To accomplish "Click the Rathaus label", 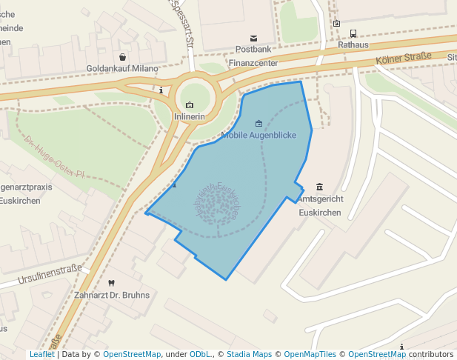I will point(353,44).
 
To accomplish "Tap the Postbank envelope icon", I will point(254,38).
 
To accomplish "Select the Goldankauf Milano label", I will point(122,69).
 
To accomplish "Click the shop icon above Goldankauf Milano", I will point(122,57).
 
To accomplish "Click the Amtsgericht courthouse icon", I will point(319,187).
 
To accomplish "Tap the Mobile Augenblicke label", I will point(258,136).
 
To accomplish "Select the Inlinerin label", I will point(189,117).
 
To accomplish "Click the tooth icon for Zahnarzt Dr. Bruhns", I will point(112,283).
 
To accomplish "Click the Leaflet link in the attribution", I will point(41,355).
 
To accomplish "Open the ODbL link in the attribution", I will point(199,355).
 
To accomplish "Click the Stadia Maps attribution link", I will point(250,355).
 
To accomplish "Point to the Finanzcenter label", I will point(253,63).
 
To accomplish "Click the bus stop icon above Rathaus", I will point(353,33).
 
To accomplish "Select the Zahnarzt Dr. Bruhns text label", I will point(112,295).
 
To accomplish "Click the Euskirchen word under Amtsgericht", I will point(319,213).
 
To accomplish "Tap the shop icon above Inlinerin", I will point(190,105).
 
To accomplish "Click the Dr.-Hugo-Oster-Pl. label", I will point(55,157).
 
